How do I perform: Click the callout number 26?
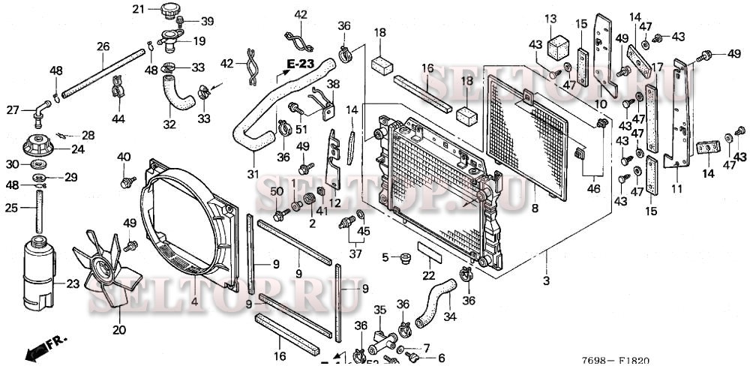103,46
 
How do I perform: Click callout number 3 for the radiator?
546,280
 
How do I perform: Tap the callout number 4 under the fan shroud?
195,301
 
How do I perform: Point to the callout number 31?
253,175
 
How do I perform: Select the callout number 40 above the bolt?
124,157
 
